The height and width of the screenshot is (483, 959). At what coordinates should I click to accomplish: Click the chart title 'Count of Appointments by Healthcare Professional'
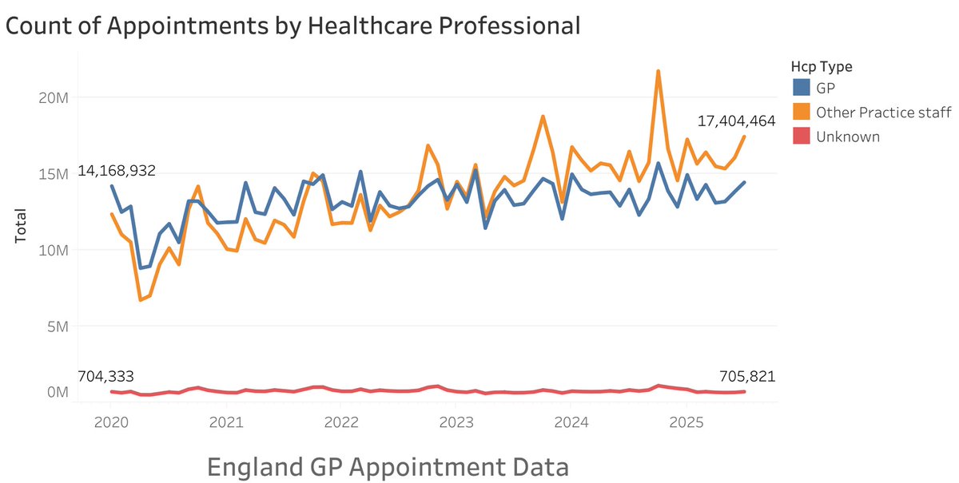(x=292, y=26)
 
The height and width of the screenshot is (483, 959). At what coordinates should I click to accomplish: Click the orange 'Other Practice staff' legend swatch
(x=801, y=112)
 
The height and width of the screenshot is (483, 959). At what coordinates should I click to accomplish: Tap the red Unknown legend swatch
(x=801, y=137)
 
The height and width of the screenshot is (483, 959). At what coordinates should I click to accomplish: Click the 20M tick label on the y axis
(x=54, y=97)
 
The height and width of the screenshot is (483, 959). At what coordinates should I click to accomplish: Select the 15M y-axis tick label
(x=54, y=173)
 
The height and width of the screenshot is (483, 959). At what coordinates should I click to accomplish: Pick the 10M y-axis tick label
(x=54, y=250)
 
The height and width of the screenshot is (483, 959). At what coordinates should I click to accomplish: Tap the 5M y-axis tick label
(x=58, y=327)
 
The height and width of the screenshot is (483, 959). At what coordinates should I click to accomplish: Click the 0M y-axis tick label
(x=58, y=392)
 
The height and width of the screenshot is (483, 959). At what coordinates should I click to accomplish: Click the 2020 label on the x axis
(x=110, y=421)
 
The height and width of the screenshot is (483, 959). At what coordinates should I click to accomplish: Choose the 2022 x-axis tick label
(x=340, y=421)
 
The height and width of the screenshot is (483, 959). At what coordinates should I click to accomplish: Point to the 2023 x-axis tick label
(x=456, y=421)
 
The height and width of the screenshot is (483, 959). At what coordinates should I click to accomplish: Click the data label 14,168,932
(x=116, y=172)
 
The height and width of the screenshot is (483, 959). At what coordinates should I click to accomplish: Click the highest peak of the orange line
(x=658, y=71)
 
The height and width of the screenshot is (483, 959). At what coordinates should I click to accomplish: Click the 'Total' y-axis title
(x=21, y=226)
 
